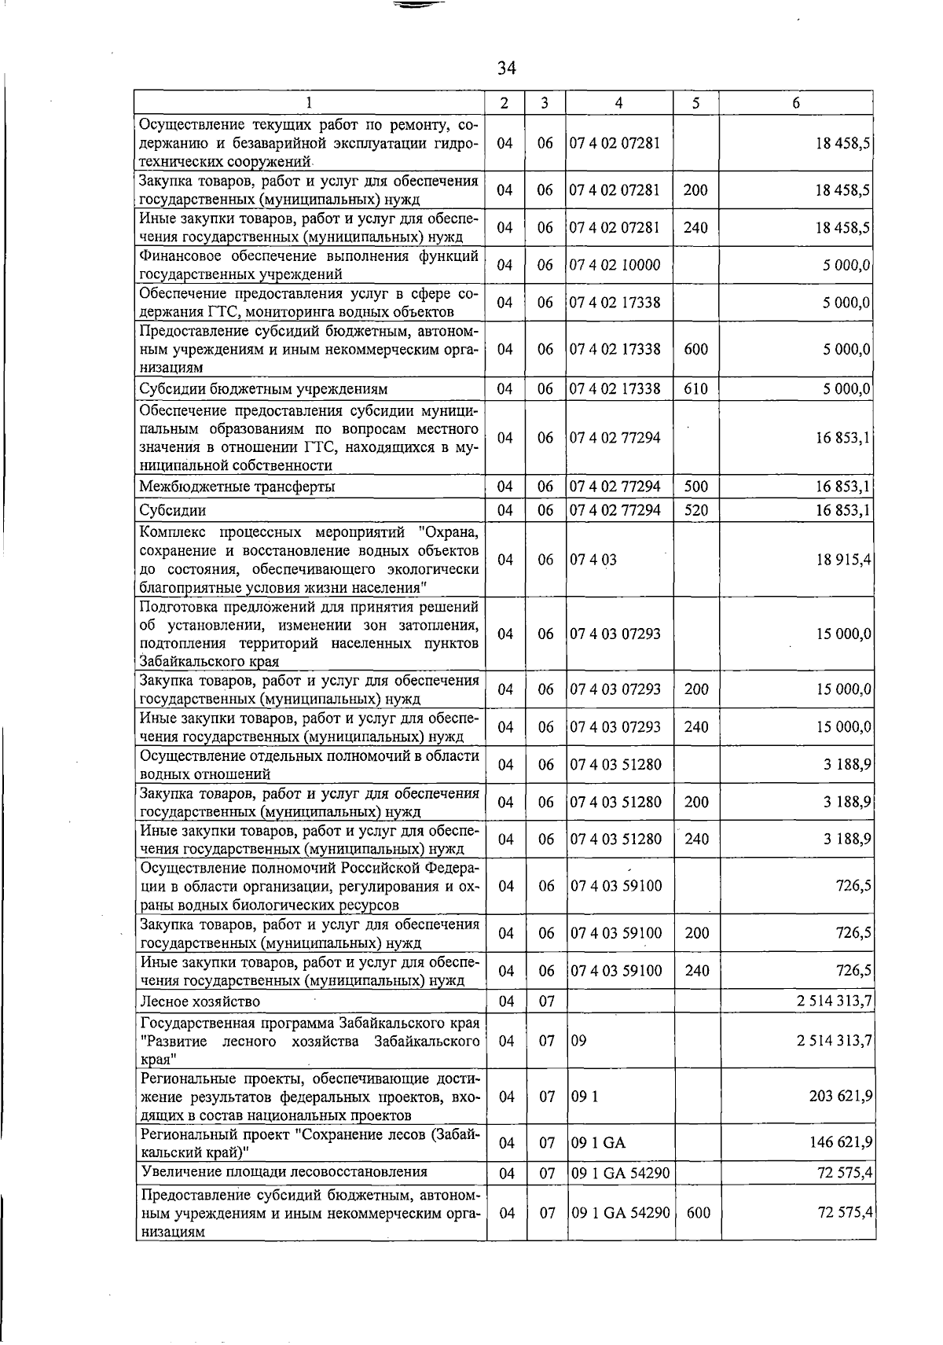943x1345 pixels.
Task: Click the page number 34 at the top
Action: coord(506,68)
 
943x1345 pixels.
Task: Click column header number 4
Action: coord(619,102)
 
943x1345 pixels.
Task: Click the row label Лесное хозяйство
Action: coord(200,1001)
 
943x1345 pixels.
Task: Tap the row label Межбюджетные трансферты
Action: coord(237,487)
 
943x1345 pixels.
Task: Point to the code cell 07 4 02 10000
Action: coord(615,265)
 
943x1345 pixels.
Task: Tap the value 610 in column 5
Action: coord(695,388)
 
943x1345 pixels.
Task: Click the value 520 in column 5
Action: coord(695,510)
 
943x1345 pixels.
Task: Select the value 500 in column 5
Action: coord(695,487)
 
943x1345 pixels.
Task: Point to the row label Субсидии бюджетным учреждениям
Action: coord(263,389)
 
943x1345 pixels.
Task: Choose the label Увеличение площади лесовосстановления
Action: coord(284,1172)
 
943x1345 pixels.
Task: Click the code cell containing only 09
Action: coord(578,1041)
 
